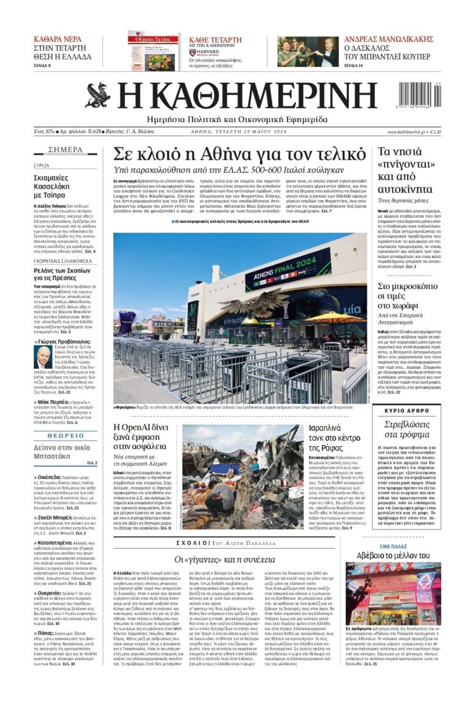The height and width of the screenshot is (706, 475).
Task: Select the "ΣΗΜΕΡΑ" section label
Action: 65,150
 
